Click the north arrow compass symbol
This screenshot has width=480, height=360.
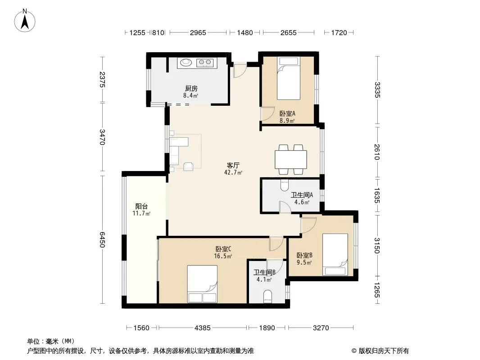[x=25, y=21]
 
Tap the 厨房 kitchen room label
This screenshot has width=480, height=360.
[x=191, y=88]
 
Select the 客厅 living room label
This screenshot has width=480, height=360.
[x=233, y=166]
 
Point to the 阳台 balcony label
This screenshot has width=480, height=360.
[x=141, y=207]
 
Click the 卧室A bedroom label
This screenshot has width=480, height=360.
[x=287, y=113]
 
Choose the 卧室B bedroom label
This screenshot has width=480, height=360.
[x=304, y=255]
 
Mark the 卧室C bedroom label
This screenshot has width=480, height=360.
[x=223, y=249]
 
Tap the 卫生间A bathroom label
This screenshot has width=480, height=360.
[x=302, y=195]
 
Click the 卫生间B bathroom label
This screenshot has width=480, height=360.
[x=264, y=272]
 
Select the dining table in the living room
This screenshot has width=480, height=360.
[x=291, y=159]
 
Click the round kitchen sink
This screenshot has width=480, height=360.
[x=186, y=63]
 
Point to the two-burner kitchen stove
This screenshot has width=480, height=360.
[x=204, y=63]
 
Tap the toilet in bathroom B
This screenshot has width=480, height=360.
[x=267, y=297]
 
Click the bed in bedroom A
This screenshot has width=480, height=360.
[x=288, y=78]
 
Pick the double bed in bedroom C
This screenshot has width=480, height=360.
[x=202, y=284]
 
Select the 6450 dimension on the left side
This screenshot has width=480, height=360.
[x=102, y=240]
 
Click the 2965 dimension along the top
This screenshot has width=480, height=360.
[x=198, y=32]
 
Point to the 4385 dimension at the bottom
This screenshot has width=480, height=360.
[x=202, y=328]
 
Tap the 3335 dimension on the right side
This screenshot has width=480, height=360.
[x=377, y=90]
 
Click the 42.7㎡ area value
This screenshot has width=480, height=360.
[x=233, y=172]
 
